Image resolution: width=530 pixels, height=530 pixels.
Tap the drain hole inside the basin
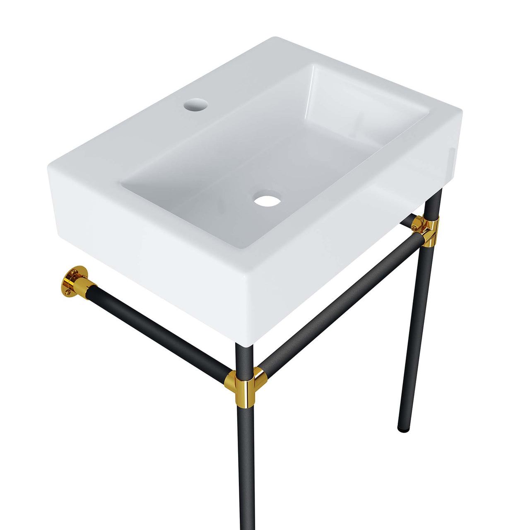click(267, 200)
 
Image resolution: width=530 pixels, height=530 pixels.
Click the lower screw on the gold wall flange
click(67, 292)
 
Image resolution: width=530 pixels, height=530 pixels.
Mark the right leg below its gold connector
click(417, 331)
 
